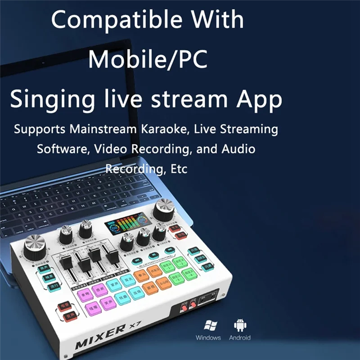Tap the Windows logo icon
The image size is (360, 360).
[208, 325]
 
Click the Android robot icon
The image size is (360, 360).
[239, 325]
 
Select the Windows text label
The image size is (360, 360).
[208, 337]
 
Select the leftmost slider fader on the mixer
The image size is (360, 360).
[66, 262]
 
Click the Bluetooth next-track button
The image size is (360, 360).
[169, 250]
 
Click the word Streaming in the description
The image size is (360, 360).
[250, 129]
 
